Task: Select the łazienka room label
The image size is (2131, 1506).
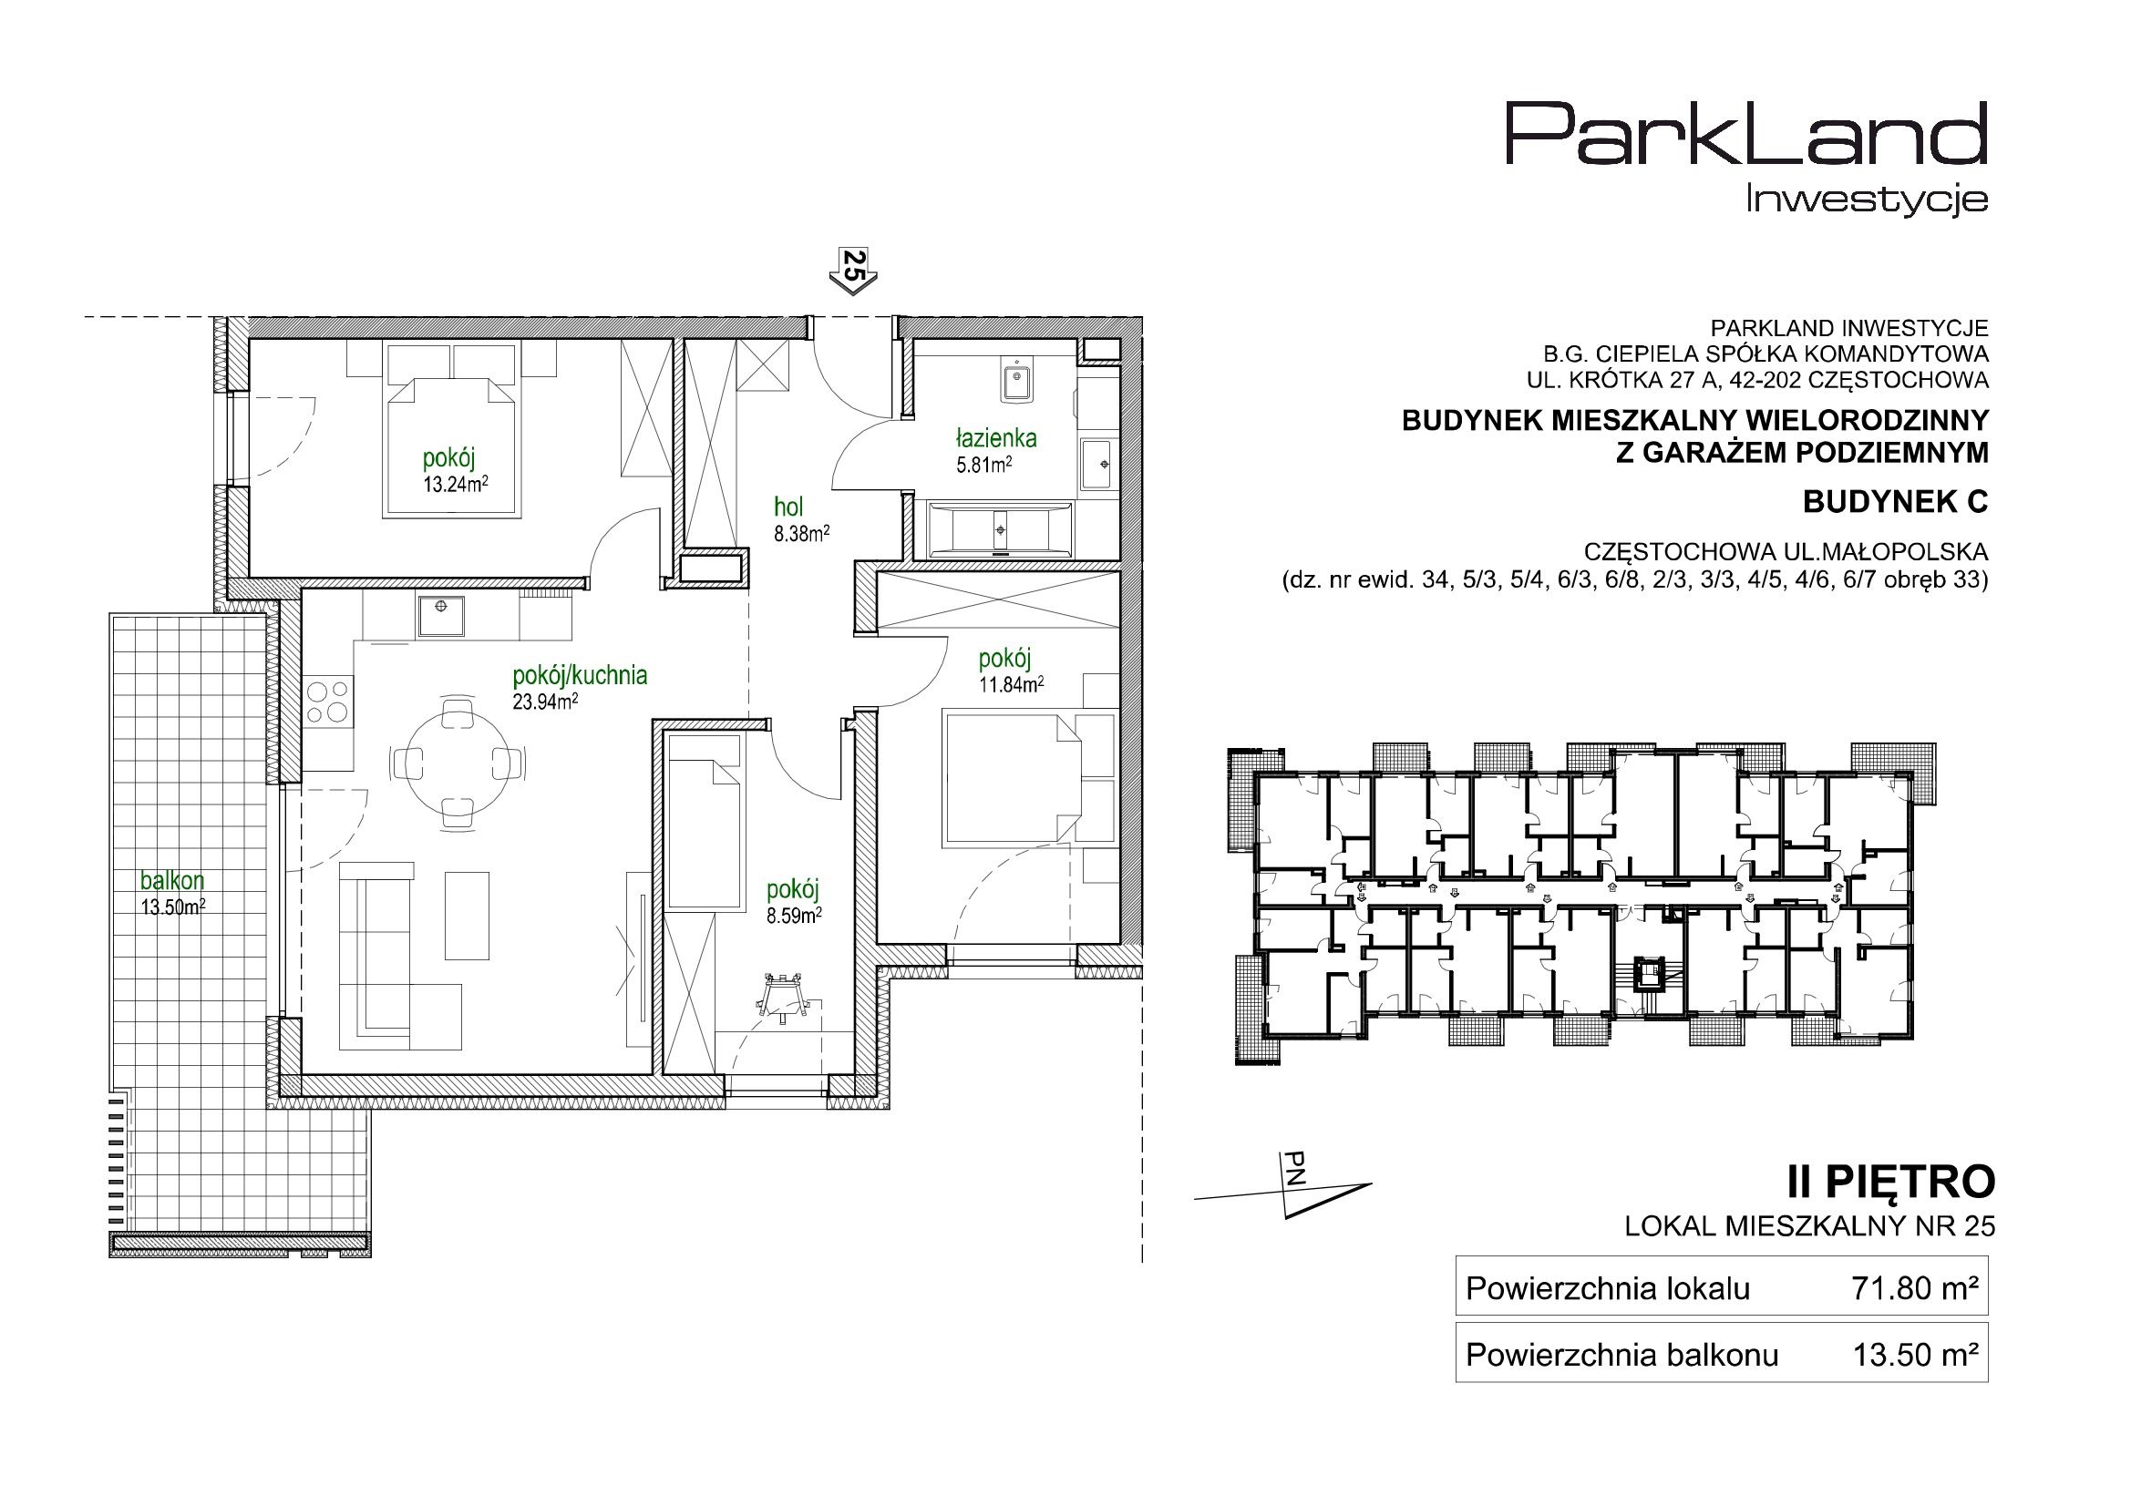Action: pos(996,438)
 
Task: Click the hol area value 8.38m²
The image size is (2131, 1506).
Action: pos(802,533)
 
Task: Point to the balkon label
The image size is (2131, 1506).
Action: pos(172,880)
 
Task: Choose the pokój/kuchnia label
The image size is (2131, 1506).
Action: pos(580,675)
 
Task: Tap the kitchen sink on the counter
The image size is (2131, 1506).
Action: pos(441,617)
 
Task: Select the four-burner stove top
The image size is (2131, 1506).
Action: pos(328,702)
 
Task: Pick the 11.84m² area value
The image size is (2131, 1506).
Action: pos(1011,685)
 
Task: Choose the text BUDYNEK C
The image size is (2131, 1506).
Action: pos(1896,502)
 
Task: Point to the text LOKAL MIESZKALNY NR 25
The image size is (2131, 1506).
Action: pos(1810,1226)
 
